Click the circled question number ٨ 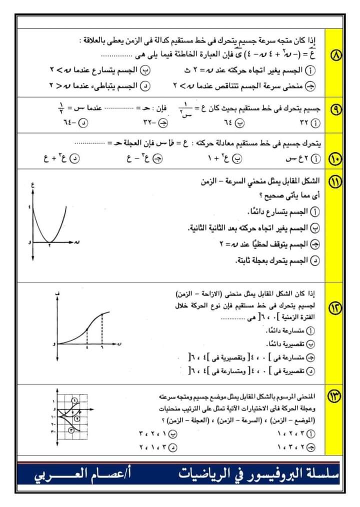334,68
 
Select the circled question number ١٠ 334,159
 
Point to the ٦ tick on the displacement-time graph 102,347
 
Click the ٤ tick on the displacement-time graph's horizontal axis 87,347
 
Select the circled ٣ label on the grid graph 71,429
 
